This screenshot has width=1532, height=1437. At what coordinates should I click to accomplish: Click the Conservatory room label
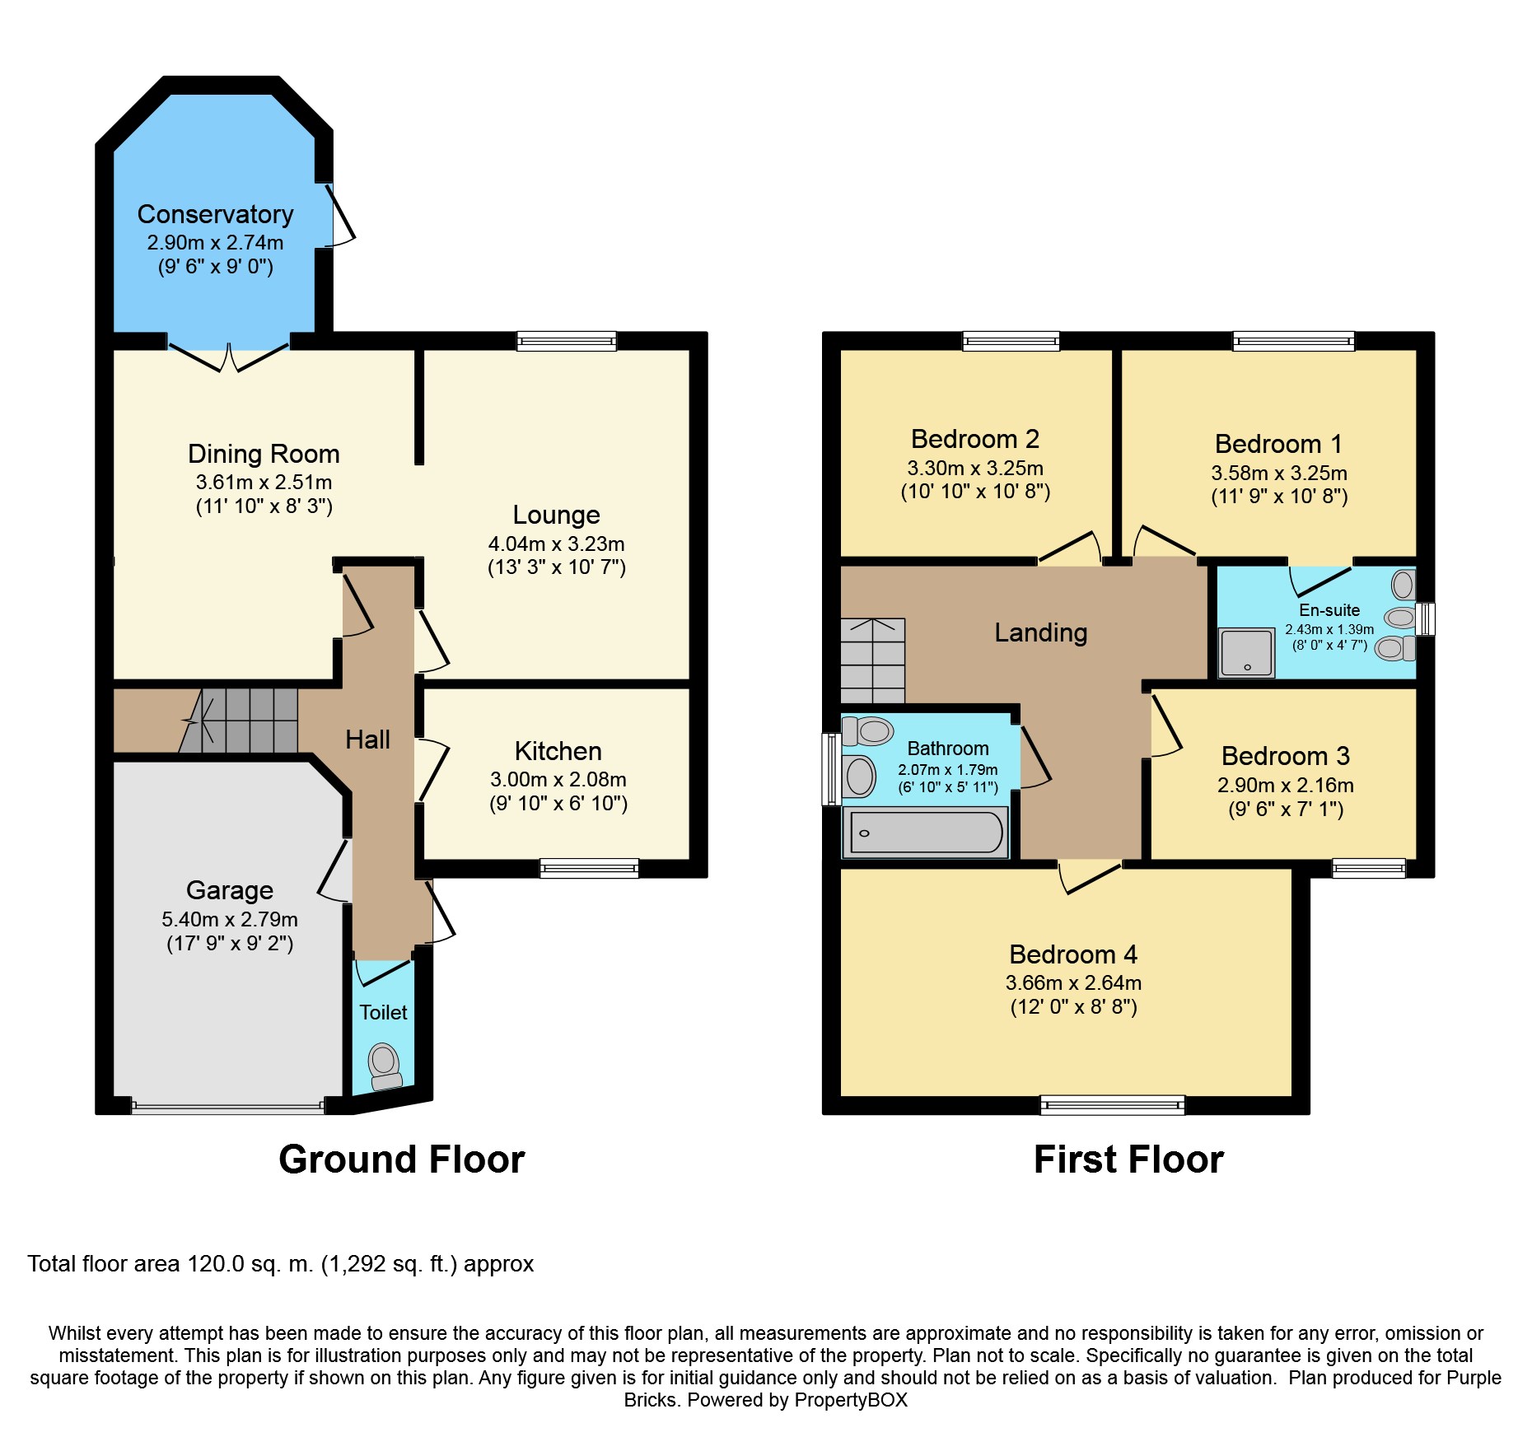pos(215,214)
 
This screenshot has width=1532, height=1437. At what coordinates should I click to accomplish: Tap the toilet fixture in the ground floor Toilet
pos(384,1066)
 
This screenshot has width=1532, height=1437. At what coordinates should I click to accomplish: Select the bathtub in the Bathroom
pos(925,833)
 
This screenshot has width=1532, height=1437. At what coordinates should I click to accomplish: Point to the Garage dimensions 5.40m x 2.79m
pos(230,919)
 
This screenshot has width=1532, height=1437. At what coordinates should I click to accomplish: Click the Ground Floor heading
pos(401,1159)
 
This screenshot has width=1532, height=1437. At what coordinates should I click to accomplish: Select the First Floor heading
pos(1128,1159)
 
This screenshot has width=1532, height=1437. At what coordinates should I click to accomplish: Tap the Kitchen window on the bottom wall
pos(589,868)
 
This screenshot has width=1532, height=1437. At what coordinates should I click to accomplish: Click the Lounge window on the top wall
pos(567,340)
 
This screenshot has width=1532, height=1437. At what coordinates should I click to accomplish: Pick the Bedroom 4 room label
pos(1073,954)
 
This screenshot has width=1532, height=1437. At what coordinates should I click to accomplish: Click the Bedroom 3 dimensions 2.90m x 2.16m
pos(1285,785)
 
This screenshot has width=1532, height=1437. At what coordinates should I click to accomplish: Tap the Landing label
pos(1040,632)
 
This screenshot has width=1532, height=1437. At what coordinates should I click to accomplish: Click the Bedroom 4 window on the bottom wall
pos(1112,1105)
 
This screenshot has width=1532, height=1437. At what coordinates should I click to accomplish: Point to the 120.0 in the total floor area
pos(216,1264)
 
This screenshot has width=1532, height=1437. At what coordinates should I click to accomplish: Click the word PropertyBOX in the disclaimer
pos(851,1400)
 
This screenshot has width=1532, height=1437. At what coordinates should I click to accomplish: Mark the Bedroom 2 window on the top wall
pos(1011,340)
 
